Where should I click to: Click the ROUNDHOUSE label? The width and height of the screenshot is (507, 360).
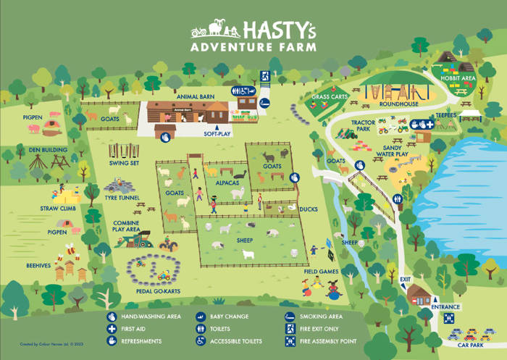point(395,104)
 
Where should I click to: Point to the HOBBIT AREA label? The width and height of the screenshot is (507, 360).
point(458,78)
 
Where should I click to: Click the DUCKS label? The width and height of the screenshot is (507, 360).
point(309,209)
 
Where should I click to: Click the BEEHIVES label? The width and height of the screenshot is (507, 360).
point(39,266)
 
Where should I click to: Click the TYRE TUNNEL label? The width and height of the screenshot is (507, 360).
point(121,197)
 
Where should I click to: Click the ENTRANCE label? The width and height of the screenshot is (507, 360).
point(445,307)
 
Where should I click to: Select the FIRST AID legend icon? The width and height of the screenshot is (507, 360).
point(112,329)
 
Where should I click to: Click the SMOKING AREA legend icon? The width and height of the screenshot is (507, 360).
point(290,317)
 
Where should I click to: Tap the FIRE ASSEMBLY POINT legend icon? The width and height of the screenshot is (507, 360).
point(290,340)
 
